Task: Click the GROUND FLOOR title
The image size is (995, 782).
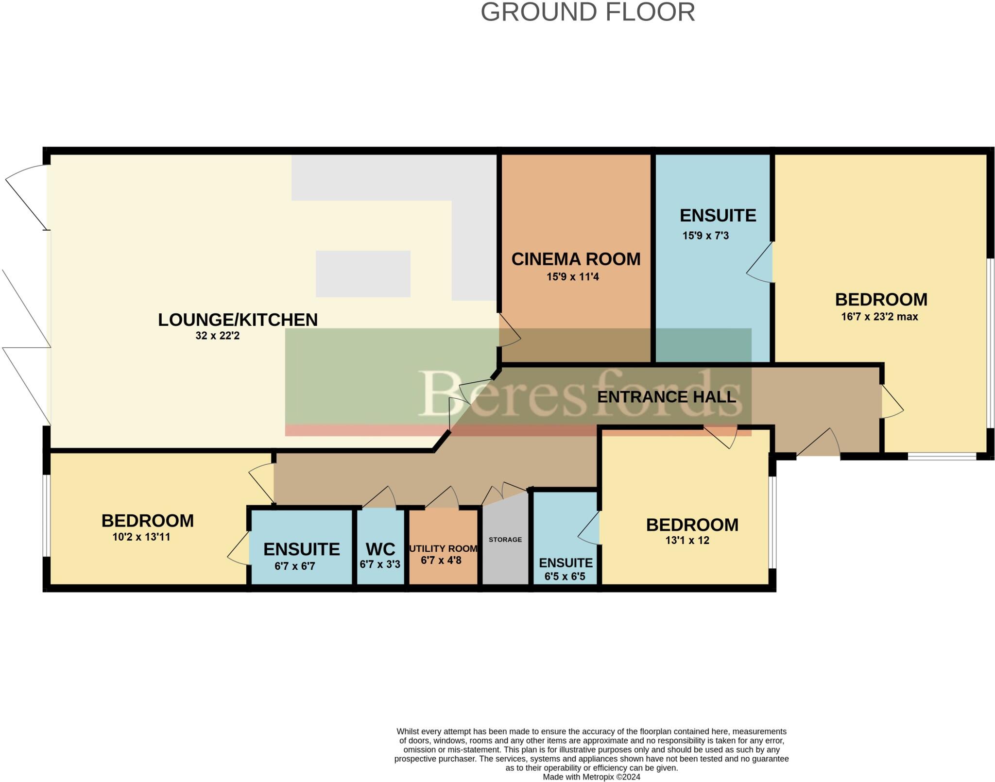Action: coord(587,12)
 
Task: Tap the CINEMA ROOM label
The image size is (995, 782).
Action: coord(576,259)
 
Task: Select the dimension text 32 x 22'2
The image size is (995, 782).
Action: coord(218,336)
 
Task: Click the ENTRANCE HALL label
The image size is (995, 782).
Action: coord(666,397)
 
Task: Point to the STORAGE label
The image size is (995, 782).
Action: coord(505,540)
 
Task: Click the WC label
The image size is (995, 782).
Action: coord(380,549)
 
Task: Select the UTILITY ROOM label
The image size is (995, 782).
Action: coord(444,548)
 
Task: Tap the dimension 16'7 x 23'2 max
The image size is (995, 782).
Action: coord(879,317)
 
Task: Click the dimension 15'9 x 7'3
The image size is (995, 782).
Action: coord(705,236)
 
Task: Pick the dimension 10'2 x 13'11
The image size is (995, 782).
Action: coord(141,537)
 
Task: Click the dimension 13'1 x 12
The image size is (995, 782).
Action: coord(687,540)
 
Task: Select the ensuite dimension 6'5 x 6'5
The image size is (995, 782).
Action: coord(565,577)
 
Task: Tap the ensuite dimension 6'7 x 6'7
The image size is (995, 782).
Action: coord(295,566)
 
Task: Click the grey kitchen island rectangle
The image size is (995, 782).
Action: coord(363,273)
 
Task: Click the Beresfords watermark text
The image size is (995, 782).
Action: coord(581,394)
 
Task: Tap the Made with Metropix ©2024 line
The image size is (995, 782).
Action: coord(591,777)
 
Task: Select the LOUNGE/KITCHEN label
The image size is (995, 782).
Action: coord(238,320)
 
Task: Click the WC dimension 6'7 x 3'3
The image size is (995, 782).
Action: coord(380,564)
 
